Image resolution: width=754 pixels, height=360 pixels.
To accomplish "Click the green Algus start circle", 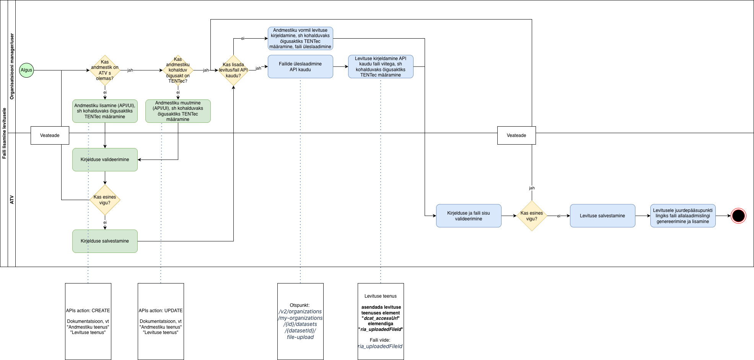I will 26,70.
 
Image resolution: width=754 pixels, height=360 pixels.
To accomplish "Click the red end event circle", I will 738,216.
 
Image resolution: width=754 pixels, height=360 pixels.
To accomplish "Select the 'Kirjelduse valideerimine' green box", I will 105,160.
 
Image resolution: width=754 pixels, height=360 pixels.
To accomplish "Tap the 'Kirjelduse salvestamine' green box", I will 105,241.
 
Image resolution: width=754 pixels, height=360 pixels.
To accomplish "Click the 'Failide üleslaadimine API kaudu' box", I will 300,67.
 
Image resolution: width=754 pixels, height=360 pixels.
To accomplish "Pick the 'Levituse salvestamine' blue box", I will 603,216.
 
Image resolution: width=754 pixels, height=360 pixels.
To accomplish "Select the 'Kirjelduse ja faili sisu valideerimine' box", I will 469,216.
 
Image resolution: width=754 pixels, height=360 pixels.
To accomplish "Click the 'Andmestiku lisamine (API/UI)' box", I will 105,111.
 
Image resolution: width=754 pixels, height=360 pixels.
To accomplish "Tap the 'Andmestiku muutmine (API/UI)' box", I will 178,111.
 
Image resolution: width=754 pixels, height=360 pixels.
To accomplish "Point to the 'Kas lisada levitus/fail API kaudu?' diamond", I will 233,70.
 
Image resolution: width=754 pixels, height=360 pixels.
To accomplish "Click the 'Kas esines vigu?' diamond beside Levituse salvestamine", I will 532,216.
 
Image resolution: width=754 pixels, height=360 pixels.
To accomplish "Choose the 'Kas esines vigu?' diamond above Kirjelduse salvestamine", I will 105,200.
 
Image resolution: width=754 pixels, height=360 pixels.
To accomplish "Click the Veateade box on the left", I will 50,135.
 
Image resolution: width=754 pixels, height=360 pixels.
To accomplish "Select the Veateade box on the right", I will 516,135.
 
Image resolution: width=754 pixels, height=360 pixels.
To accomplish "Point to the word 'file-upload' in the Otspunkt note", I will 300,337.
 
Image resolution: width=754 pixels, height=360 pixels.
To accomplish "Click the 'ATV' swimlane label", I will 11,200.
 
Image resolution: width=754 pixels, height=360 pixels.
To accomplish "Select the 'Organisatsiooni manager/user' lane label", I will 11,66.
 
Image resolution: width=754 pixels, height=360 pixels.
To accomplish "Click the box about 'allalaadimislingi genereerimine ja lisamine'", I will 683,216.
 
